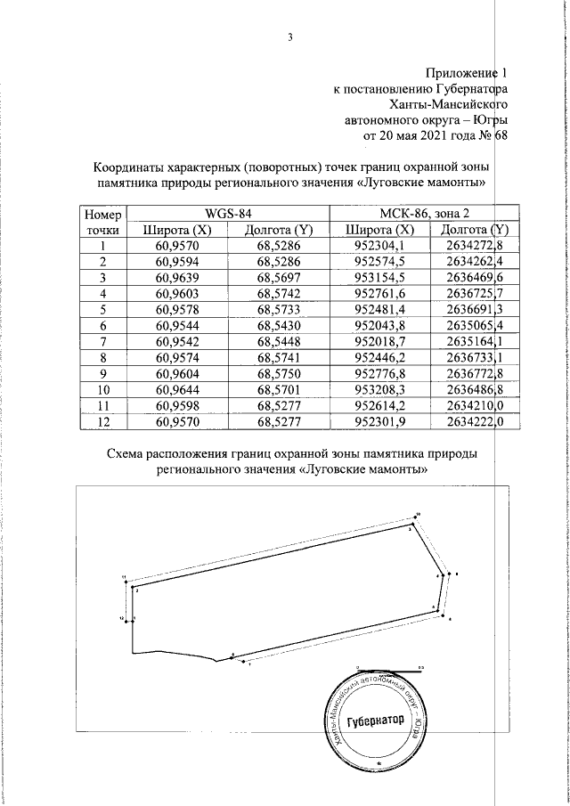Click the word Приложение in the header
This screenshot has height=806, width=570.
pos(460,72)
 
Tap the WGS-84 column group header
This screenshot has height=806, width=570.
pos(228,214)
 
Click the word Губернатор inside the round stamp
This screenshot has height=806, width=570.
pos(374,721)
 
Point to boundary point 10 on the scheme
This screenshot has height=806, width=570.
pos(417,516)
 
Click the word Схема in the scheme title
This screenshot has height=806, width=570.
pos(130,455)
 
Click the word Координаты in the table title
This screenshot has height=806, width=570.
pos(133,168)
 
